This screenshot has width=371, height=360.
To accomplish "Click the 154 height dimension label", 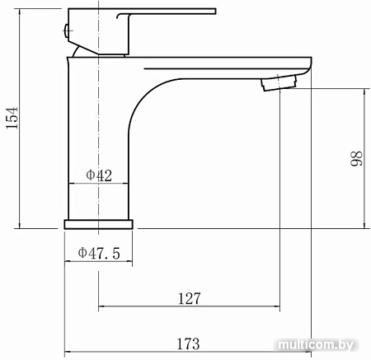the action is coord(12,118).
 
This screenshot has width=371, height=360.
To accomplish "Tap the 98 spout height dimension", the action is coord(356,158).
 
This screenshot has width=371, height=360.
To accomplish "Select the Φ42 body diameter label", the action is coord(99,175).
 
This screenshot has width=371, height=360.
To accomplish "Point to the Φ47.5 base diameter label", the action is coord(99,253).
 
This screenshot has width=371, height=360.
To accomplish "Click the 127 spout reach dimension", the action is coord(190,298).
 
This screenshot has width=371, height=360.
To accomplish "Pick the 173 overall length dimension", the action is coord(188,344).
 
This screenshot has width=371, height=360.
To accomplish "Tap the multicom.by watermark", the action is coord(315,344).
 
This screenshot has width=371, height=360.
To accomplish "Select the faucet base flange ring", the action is coord(99,224).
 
